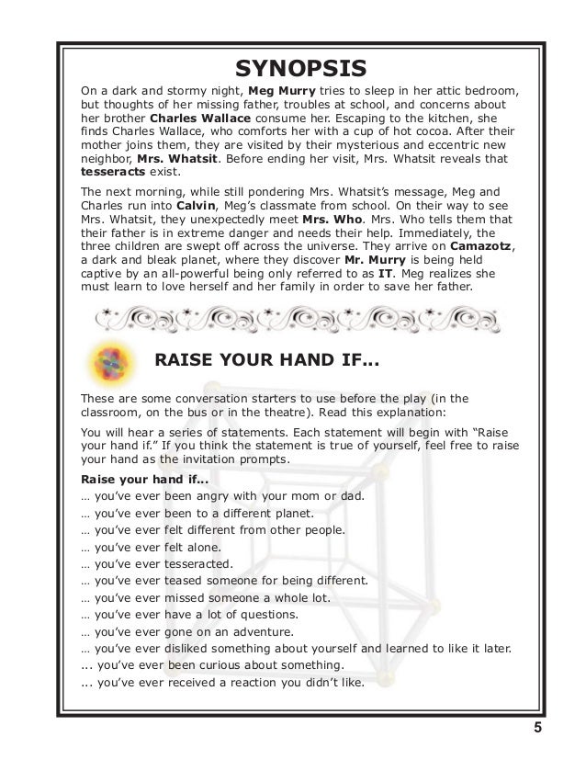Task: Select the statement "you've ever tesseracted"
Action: [x=157, y=563]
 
